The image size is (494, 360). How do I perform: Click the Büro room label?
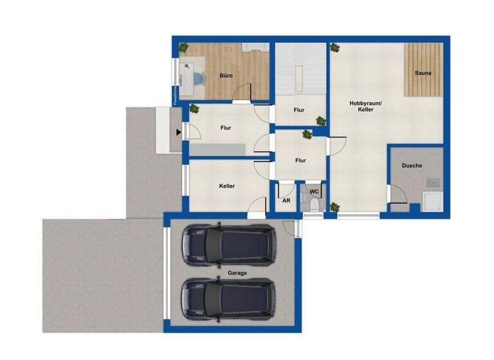coord(226,76)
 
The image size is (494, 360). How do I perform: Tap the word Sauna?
coord(423,73)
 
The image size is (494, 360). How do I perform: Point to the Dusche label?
coord(412,166)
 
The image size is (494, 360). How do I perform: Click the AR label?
coord(287,200)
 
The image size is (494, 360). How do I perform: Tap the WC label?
coord(315,192)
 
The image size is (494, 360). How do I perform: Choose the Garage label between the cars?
coord(237,273)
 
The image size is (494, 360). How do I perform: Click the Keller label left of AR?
coord(226,186)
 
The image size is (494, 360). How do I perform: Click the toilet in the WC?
coord(313,203)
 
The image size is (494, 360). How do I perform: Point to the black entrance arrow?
coord(178,133)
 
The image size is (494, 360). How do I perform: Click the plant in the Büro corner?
coord(184,48)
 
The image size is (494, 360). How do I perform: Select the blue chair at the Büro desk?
coord(197,78)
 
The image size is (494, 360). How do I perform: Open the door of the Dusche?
coord(395,194)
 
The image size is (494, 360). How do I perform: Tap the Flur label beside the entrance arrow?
coord(226,128)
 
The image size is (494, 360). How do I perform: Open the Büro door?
coord(241,93)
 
